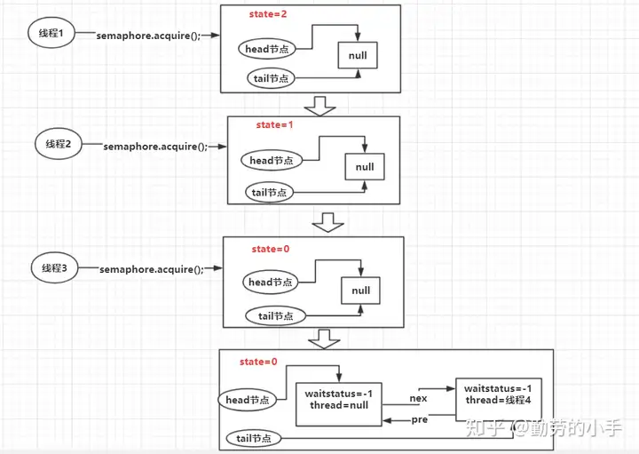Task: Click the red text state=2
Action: click(268, 14)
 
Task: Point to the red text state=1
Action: click(274, 124)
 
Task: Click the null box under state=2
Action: click(358, 55)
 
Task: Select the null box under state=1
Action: click(365, 166)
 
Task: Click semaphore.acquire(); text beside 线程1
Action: click(148, 36)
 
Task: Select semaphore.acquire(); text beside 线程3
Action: click(152, 269)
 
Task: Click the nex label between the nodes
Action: click(418, 399)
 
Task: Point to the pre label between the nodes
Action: click(419, 419)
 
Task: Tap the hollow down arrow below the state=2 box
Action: click(319, 106)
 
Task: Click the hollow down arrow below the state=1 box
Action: click(327, 222)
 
